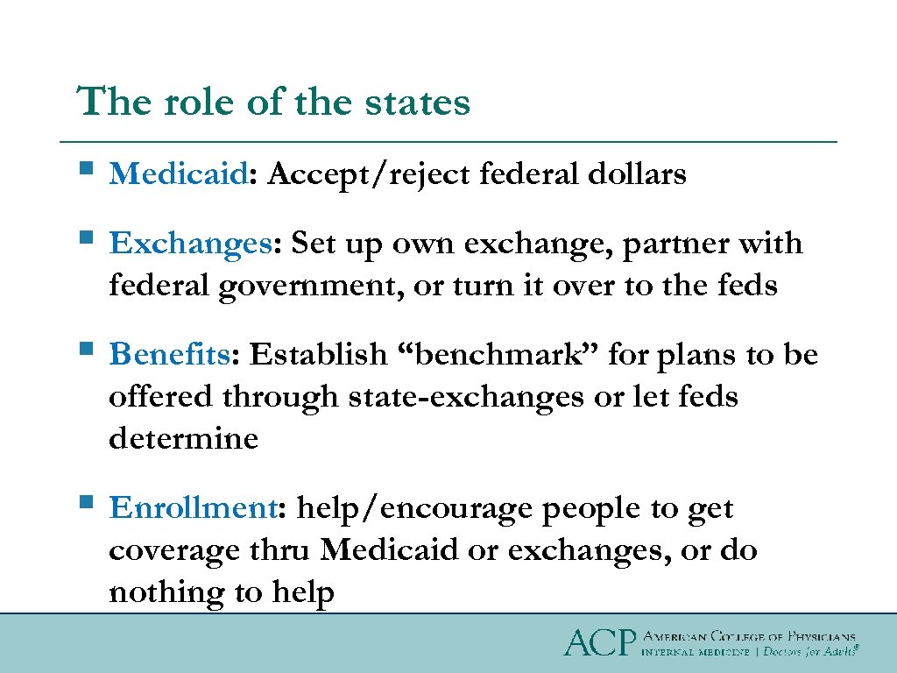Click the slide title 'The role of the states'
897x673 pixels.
273,103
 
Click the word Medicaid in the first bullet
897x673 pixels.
178,174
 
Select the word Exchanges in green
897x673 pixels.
191,243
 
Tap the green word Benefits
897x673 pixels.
169,355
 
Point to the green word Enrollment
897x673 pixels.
194,508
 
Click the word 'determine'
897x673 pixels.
183,438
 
